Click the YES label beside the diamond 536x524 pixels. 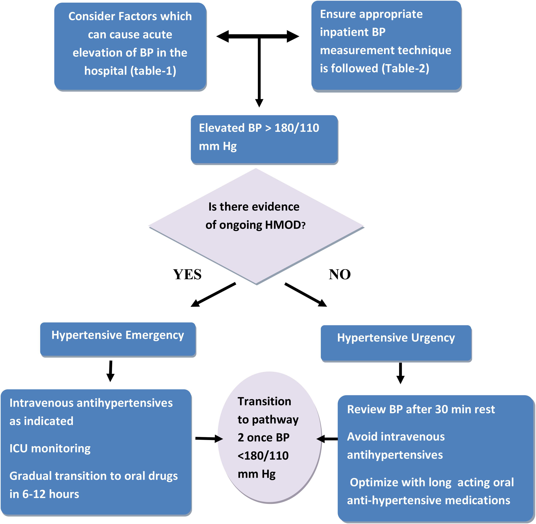click(x=187, y=274)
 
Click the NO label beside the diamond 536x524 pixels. click(x=340, y=274)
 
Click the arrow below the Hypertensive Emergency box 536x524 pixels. click(x=111, y=371)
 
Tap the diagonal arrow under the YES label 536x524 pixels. click(x=213, y=295)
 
